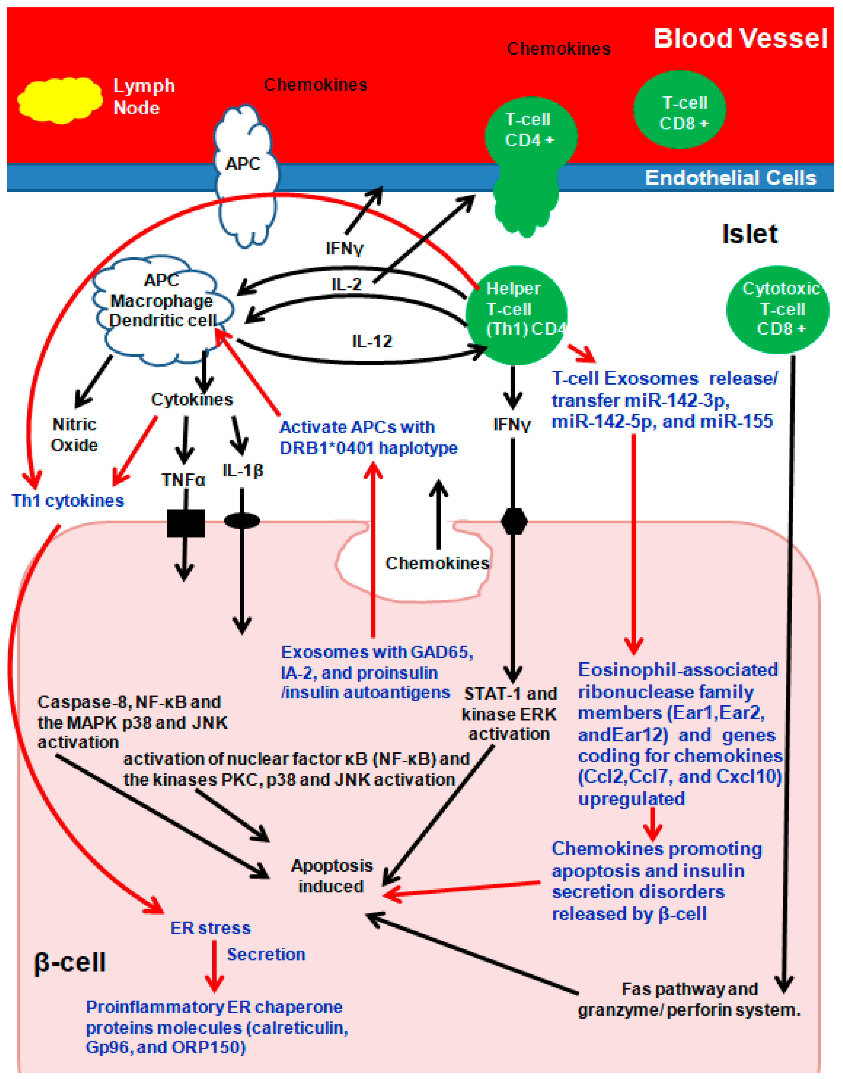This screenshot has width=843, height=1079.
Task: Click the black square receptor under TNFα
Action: pyautogui.click(x=186, y=523)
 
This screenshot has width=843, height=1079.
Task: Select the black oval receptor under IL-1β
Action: pyautogui.click(x=242, y=520)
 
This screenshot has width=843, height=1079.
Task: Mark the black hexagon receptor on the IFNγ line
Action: pyautogui.click(x=514, y=521)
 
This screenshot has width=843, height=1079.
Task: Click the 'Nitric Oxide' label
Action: pyautogui.click(x=74, y=435)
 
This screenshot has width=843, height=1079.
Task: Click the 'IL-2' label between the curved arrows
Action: pyautogui.click(x=346, y=284)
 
